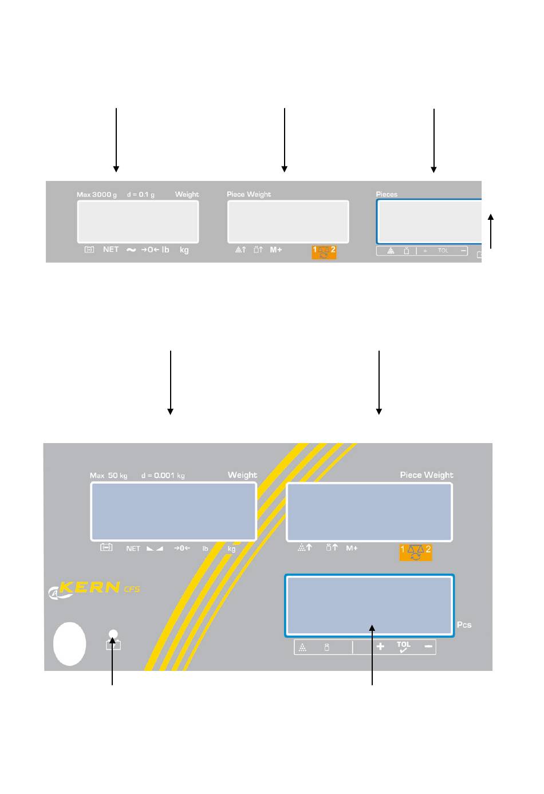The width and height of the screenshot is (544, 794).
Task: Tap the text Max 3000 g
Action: pyautogui.click(x=97, y=195)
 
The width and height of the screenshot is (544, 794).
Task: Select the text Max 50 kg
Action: pyautogui.click(x=109, y=476)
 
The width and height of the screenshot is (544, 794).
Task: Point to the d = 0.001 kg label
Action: pyautogui.click(x=163, y=476)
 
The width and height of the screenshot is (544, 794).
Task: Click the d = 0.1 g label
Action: pyautogui.click(x=141, y=195)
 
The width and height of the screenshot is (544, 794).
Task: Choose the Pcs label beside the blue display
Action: pyautogui.click(x=464, y=625)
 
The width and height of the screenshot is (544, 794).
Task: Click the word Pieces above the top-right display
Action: pyautogui.click(x=387, y=195)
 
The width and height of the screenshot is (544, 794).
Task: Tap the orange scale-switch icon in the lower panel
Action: pyautogui.click(x=416, y=552)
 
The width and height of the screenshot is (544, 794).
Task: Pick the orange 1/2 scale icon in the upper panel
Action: pyautogui.click(x=324, y=252)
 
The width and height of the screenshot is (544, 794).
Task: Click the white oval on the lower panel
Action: pyautogui.click(x=70, y=643)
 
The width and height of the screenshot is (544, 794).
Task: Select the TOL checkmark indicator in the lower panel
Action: pyautogui.click(x=404, y=647)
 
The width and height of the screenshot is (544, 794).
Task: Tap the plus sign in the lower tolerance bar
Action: pyautogui.click(x=380, y=647)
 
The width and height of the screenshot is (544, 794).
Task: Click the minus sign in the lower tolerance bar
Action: pyautogui.click(x=428, y=647)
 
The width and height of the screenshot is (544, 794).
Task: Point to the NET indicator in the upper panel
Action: pyautogui.click(x=111, y=250)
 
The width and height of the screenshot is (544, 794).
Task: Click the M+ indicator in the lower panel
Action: pyautogui.click(x=352, y=548)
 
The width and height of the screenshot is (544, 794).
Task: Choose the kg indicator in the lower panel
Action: pyautogui.click(x=231, y=549)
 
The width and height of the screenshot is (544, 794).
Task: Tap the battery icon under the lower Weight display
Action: pyautogui.click(x=107, y=548)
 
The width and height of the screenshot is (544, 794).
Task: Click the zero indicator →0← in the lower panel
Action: pyautogui.click(x=182, y=548)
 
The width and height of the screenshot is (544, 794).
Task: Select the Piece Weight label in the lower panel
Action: pyautogui.click(x=427, y=475)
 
